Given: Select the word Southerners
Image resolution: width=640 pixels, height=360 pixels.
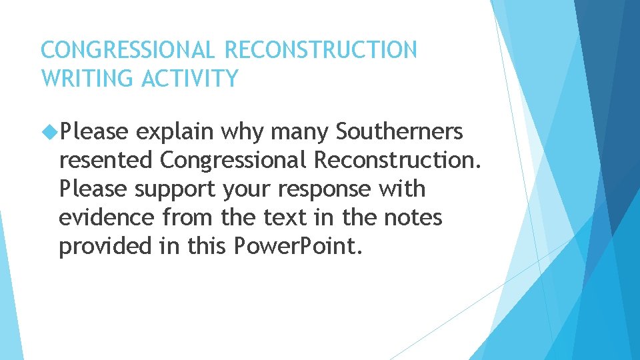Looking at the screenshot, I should [x=399, y=132].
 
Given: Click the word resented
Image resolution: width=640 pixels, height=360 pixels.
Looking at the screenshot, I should [x=106, y=161].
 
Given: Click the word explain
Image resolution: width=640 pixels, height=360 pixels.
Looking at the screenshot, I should [x=175, y=133].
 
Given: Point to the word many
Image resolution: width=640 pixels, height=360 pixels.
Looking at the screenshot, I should [x=300, y=133].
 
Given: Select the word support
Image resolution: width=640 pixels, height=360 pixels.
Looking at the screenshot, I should [x=175, y=190].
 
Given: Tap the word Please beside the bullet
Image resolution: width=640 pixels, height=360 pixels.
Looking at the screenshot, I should [x=93, y=132].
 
